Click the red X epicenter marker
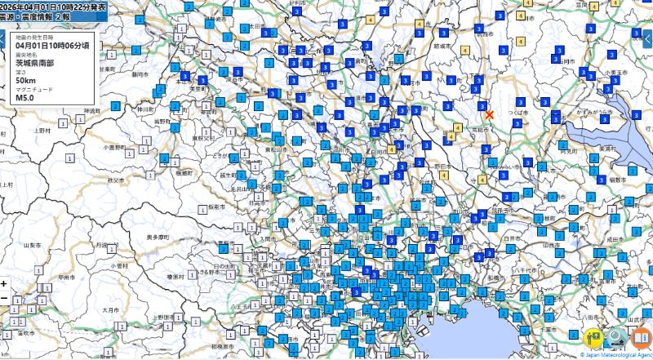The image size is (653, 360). click(489, 115)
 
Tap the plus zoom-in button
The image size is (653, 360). click(4, 284)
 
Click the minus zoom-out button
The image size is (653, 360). click(4, 299)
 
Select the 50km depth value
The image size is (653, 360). click(24, 80)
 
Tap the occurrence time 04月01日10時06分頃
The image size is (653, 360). click(52, 46)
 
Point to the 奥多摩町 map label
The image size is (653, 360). click(158, 237)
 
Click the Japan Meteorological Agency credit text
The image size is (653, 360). click(616, 355)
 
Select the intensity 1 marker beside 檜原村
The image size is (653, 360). click(176, 278)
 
